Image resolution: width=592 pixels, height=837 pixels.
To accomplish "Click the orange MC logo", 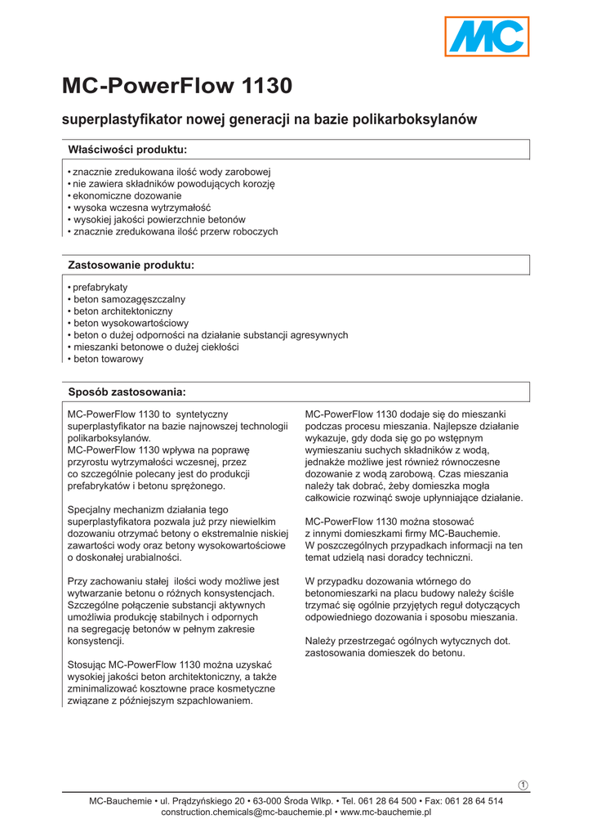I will pyautogui.click(x=487, y=37).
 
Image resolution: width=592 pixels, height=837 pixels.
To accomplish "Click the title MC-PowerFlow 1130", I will pyautogui.click(x=177, y=87).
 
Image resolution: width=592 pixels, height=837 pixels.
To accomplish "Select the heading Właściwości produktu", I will pyautogui.click(x=127, y=150).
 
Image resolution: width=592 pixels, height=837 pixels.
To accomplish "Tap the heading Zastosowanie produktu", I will pyautogui.click(x=131, y=266).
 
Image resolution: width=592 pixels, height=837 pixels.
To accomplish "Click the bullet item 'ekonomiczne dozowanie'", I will pyautogui.click(x=127, y=196).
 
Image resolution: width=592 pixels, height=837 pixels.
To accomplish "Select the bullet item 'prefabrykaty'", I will pyautogui.click(x=100, y=289).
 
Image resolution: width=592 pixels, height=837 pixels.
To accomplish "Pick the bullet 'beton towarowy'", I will pyautogui.click(x=108, y=359).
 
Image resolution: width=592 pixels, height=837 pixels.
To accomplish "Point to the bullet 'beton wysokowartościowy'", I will pyautogui.click(x=131, y=324).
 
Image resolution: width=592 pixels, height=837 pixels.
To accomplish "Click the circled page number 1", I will pyautogui.click(x=523, y=786).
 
